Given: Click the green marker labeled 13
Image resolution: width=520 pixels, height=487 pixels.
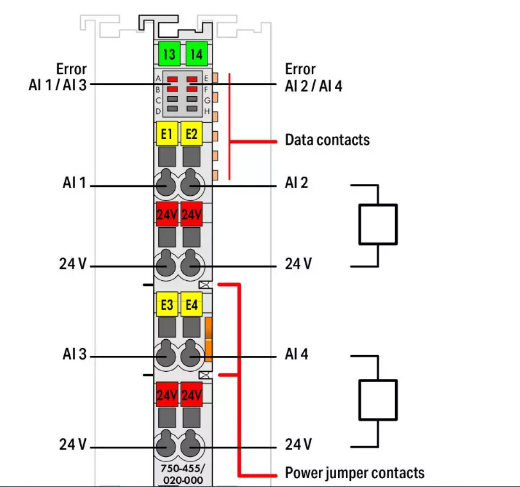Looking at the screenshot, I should (168, 54).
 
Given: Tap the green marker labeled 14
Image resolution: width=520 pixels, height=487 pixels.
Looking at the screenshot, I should (195, 54).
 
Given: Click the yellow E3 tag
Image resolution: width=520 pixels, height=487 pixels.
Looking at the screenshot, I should (167, 305).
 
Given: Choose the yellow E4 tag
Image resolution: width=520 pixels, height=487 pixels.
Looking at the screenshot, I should (191, 305).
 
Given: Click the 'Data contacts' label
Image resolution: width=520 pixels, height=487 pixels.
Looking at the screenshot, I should (327, 140).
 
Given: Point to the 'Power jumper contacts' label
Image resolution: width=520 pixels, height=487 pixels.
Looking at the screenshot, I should (354, 473).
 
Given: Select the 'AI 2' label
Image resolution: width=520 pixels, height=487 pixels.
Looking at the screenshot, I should (297, 183).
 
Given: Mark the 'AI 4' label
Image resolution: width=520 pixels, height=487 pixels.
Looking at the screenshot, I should (297, 353).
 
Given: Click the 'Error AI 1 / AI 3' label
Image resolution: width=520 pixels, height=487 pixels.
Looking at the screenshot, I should (71, 77).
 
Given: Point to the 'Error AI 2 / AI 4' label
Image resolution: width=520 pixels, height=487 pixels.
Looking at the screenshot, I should (314, 77).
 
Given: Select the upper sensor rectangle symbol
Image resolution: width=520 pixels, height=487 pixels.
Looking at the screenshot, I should (378, 225).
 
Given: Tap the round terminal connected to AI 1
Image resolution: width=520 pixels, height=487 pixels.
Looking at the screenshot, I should (166, 185).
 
